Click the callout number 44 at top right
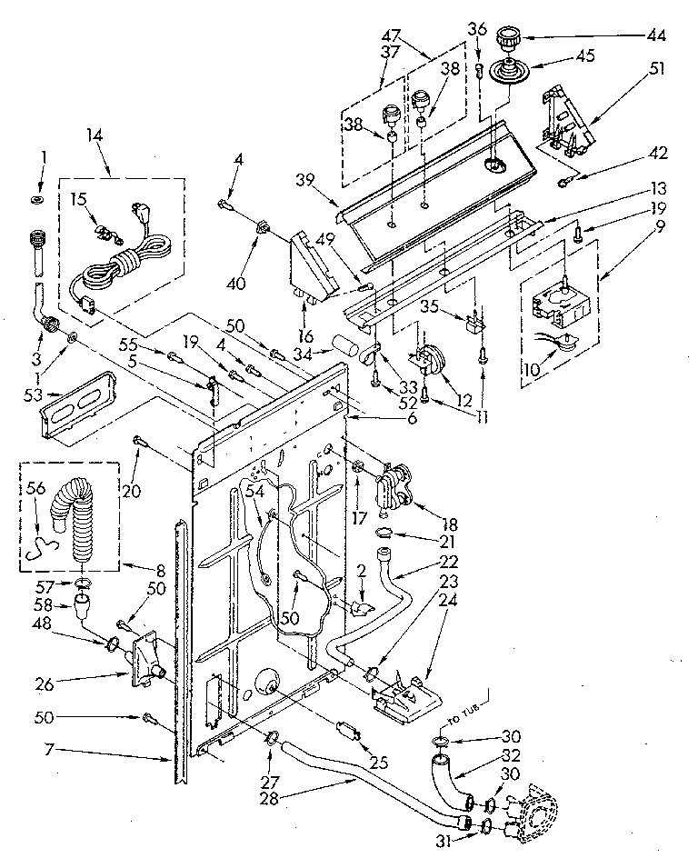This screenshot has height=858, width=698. coord(655,36)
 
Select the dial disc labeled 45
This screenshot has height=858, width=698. coord(503,72)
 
